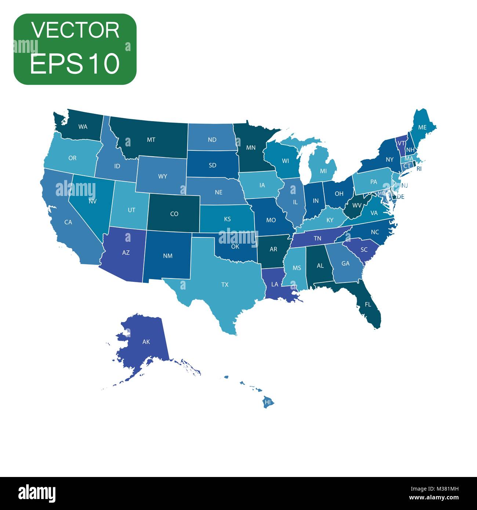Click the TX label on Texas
[x=225, y=284]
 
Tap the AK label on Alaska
[x=146, y=342]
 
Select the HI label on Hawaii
[x=268, y=402]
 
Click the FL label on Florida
[x=368, y=305]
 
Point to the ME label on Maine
[x=422, y=127]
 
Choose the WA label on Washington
[x=83, y=127]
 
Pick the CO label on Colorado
[x=174, y=214]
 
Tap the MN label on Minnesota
[x=251, y=148]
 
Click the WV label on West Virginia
[x=357, y=205]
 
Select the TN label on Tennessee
[x=317, y=238]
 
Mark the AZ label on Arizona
[x=126, y=253]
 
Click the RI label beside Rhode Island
[x=419, y=169]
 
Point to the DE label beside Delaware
[x=400, y=197]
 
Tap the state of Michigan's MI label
[x=323, y=171]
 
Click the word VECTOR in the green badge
[x=75, y=30]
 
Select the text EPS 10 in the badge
[x=75, y=63]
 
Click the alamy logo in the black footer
[x=37, y=493]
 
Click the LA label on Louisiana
[x=274, y=284]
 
